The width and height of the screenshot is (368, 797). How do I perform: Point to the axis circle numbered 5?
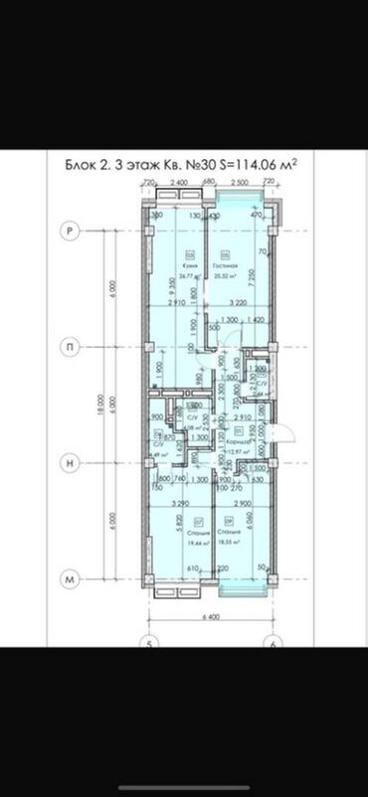click(149, 640)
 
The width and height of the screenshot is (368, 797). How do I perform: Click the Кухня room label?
click(173, 266)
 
